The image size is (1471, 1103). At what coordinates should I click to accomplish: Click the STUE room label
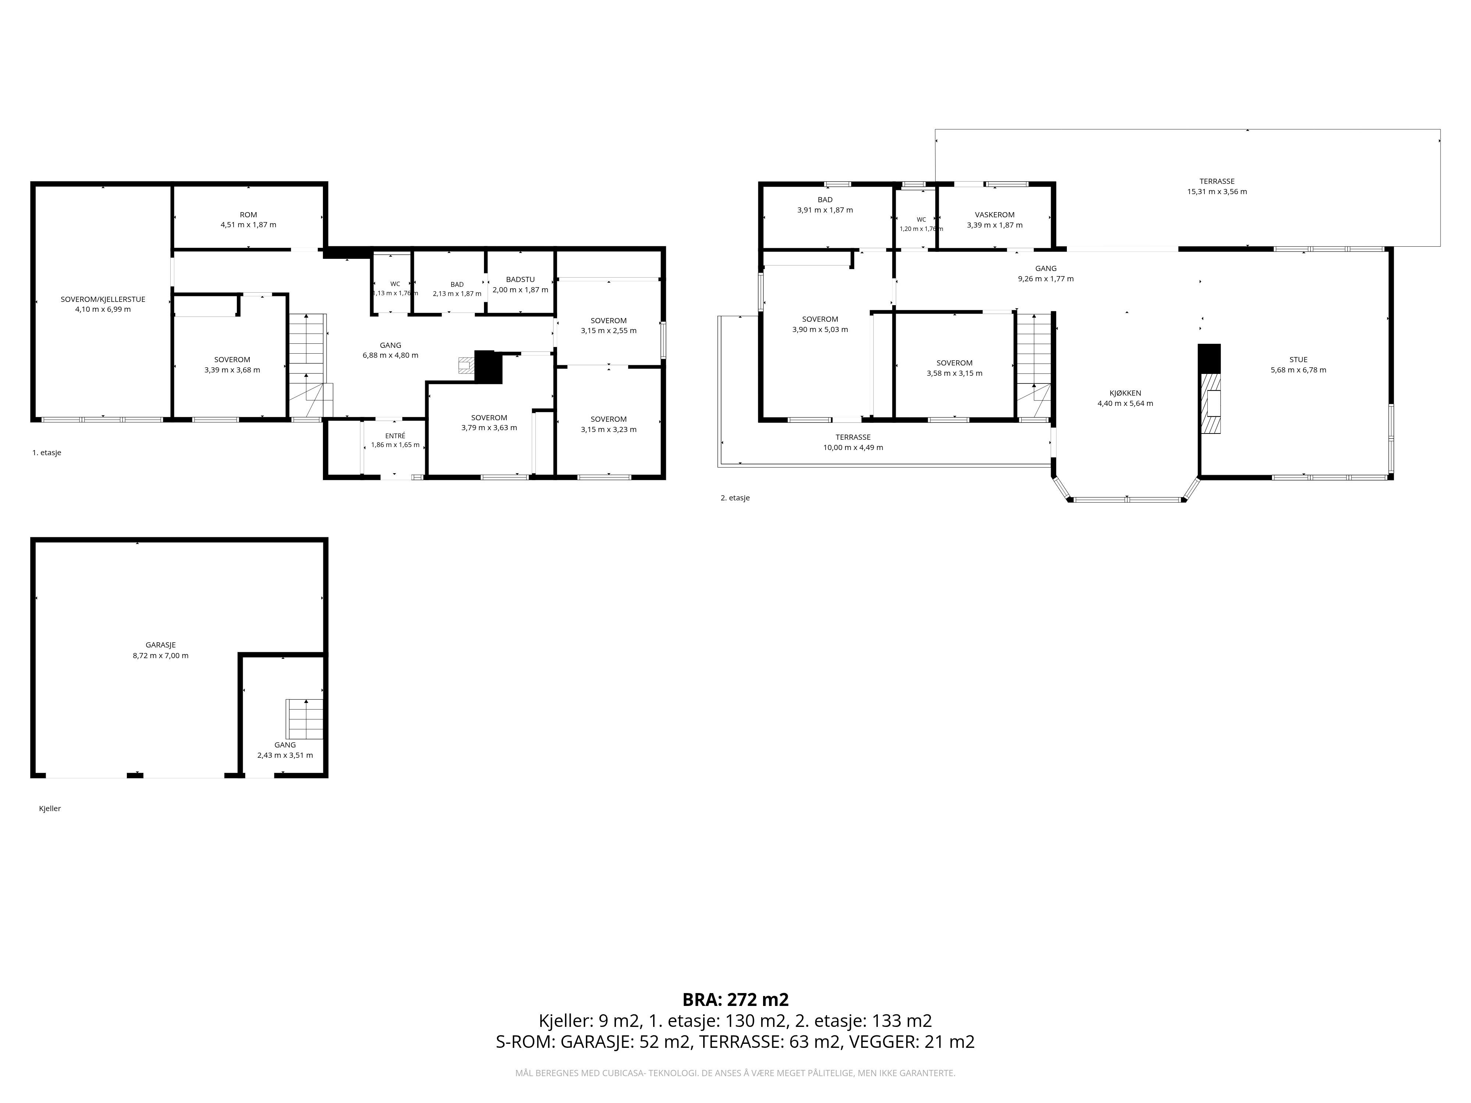pyautogui.click(x=1298, y=360)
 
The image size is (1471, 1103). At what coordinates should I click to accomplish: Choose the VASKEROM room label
pyautogui.click(x=995, y=215)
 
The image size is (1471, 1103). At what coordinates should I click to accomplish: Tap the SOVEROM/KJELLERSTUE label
pyautogui.click(x=103, y=299)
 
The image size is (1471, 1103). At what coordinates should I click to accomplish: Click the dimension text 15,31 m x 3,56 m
pyautogui.click(x=1217, y=192)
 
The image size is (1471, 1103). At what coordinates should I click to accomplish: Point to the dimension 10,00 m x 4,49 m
pyautogui.click(x=853, y=447)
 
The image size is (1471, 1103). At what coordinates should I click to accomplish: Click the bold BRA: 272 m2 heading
pyautogui.click(x=735, y=1000)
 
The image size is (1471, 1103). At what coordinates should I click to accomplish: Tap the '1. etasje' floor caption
pyautogui.click(x=47, y=453)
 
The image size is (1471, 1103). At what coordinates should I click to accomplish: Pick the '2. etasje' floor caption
pyautogui.click(x=735, y=498)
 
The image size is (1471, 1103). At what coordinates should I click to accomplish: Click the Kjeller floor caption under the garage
pyautogui.click(x=50, y=808)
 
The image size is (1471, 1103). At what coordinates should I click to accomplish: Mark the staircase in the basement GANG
pyautogui.click(x=304, y=719)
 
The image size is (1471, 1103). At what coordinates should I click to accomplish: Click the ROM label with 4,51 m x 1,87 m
pyautogui.click(x=248, y=215)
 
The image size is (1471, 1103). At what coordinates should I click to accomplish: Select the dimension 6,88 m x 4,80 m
pyautogui.click(x=390, y=355)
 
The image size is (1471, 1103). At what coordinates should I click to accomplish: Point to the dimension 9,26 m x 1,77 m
pyautogui.click(x=1046, y=279)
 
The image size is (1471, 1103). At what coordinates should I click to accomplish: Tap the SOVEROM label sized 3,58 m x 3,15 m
pyautogui.click(x=954, y=363)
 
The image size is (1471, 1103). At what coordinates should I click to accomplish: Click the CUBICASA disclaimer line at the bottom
pyautogui.click(x=735, y=1073)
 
